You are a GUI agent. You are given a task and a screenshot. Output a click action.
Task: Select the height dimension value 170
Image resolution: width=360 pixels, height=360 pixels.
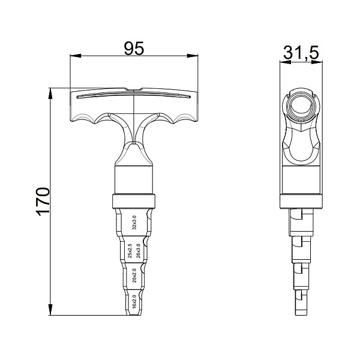coord(43,202)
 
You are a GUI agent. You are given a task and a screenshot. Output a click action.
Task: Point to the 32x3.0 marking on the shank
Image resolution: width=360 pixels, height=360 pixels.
coord(134,223)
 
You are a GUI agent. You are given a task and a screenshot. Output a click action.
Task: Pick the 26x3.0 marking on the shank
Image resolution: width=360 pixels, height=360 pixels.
coord(138,251)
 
